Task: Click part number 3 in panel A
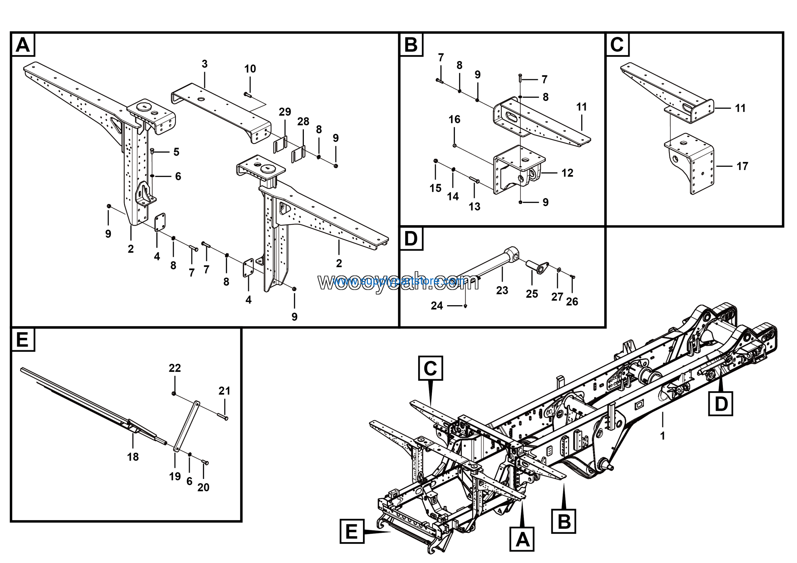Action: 205,64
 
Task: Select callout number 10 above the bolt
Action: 250,69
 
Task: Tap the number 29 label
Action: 285,112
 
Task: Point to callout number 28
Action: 303,122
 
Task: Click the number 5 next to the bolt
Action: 176,152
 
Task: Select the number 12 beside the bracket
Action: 567,173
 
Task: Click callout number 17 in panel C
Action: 742,166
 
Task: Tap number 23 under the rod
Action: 502,291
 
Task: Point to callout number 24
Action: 437,306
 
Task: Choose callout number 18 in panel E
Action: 133,457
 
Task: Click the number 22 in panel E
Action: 175,368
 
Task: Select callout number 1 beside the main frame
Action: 662,436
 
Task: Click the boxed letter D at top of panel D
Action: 411,239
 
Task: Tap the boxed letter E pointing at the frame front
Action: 351,532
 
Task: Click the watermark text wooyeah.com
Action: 398,282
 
